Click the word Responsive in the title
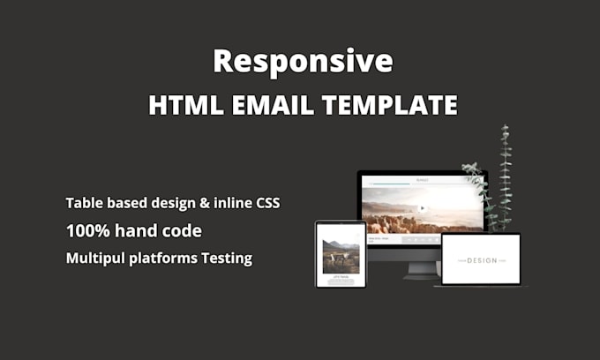pos(303,61)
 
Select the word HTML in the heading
pos(182,105)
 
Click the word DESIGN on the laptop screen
pos(481,260)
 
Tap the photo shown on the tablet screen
pos(341,256)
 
